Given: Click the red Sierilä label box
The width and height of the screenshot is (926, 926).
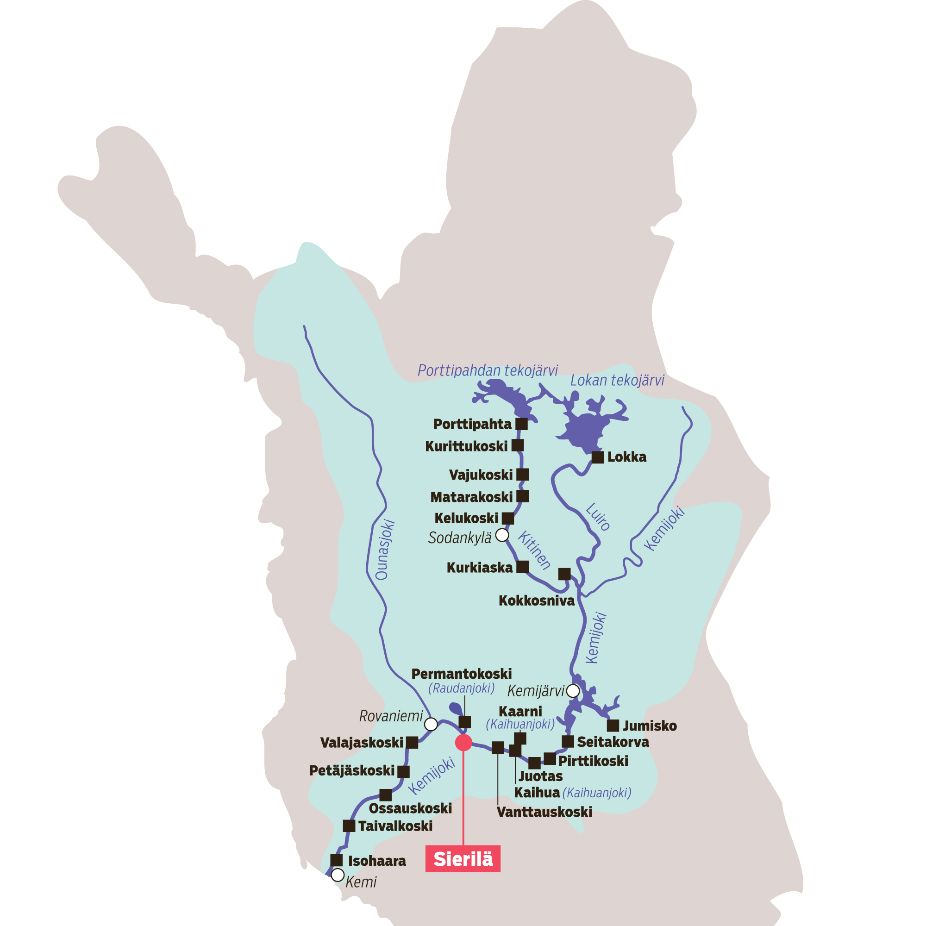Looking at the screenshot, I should [x=463, y=858].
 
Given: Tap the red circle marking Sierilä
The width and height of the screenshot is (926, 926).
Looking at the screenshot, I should [x=463, y=743].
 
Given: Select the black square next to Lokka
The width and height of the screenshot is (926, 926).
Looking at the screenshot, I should [x=597, y=457].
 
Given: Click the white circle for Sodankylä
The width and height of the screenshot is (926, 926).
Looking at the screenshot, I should [x=502, y=535].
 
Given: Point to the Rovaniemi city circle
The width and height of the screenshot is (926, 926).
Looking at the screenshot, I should [x=431, y=724].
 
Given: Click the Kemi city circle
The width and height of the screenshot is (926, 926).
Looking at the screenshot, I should [x=338, y=875].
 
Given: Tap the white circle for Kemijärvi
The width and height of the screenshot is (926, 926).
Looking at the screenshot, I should [x=573, y=691].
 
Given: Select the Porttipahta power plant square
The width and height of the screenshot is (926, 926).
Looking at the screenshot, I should [x=521, y=424].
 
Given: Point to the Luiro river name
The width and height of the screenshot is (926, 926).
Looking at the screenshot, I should [x=598, y=517].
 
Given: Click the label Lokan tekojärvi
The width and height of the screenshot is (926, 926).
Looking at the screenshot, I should [x=617, y=381].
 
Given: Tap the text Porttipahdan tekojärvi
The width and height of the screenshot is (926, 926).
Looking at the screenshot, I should [x=488, y=370].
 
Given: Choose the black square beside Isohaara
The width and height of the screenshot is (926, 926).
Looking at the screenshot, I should [x=337, y=860].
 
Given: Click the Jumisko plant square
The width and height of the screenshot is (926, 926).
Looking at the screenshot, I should [x=613, y=726].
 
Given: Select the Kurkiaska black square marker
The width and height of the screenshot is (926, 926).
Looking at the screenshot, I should [x=522, y=567].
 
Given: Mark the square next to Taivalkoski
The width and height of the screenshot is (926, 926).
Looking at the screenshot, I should [x=349, y=826].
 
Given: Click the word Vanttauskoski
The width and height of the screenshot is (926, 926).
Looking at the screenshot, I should [x=544, y=812].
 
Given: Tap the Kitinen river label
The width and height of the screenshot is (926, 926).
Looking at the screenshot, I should [x=534, y=550].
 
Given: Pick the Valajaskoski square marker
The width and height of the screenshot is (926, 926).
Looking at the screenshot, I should [x=412, y=743].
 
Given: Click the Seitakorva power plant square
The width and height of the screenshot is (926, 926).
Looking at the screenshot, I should [x=568, y=741].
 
